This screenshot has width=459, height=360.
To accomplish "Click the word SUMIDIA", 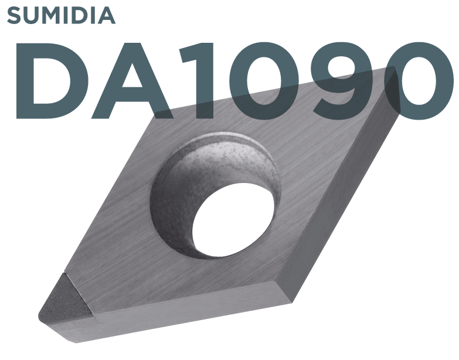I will (61, 15).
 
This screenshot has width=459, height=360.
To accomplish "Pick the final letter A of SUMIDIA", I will (106, 15).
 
